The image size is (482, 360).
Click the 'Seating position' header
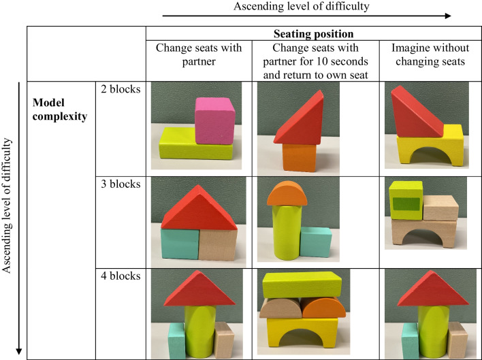(x=313, y=33)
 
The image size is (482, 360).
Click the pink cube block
(x=214, y=120)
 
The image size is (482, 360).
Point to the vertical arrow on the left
(x=18, y=218)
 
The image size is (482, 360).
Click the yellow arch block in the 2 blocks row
(x=427, y=150)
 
